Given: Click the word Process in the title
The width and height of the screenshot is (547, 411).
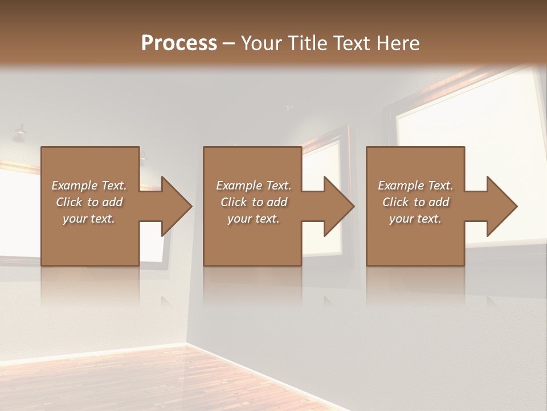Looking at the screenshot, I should click(x=179, y=43).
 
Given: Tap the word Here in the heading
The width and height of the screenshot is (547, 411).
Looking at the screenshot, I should click(x=397, y=43).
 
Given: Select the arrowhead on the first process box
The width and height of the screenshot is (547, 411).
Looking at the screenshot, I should click(x=175, y=206).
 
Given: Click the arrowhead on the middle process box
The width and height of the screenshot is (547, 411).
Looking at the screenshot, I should click(x=338, y=206).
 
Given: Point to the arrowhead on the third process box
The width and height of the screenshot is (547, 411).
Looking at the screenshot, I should click(x=501, y=206).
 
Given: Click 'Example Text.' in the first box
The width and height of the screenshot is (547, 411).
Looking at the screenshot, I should click(x=89, y=186).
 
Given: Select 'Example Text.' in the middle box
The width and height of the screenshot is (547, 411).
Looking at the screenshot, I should click(x=254, y=186).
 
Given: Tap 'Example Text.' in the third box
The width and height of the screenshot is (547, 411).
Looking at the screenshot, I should click(x=415, y=186).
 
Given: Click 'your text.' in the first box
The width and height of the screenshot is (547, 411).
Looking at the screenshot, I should click(x=89, y=219).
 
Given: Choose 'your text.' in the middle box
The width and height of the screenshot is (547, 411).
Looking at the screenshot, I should click(x=254, y=219).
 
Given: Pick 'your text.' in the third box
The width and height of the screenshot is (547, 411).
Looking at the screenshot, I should click(x=415, y=219).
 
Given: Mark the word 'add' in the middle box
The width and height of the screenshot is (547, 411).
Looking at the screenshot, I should click(x=277, y=202).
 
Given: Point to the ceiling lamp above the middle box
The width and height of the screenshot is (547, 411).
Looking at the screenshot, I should click(x=289, y=107).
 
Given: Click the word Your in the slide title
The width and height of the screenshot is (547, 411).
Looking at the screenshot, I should click(x=261, y=43).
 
